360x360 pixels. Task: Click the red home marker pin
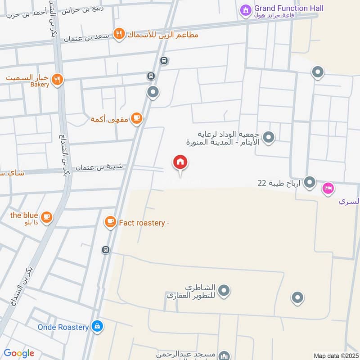coord(180,162)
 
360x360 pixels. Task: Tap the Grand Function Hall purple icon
coord(245,9)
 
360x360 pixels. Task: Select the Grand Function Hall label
coord(288,8)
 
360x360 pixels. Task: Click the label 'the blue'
coord(24,215)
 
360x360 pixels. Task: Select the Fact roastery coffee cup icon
coord(110,221)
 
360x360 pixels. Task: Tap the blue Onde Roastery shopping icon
coord(97,327)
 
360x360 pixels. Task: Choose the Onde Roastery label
coord(63,327)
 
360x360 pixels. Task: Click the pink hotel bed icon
coord(328,189)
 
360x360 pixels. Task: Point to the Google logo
coord(19,353)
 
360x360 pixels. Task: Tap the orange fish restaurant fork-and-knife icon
coord(119,34)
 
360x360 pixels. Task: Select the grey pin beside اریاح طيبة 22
coord(310,182)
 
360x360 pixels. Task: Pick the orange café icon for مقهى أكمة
coord(137,119)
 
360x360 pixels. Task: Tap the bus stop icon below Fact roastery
coord(106,250)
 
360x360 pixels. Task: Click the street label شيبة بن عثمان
coord(99,167)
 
